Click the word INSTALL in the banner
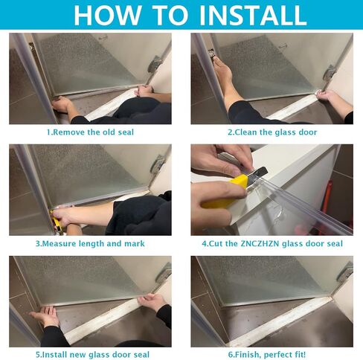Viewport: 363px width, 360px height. (253, 15)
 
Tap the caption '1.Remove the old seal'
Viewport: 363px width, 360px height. (90, 132)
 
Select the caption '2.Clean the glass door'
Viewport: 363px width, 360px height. (272, 132)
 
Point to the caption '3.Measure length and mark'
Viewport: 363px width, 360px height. (90, 243)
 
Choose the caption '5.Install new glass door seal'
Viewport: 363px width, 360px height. (92, 355)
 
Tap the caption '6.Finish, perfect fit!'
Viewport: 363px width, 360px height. (267, 355)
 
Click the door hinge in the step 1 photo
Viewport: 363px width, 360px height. (154, 63)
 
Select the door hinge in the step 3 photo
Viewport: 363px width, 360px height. (158, 164)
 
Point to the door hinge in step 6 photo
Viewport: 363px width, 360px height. (345, 272)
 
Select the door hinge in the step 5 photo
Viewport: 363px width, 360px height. (164, 273)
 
